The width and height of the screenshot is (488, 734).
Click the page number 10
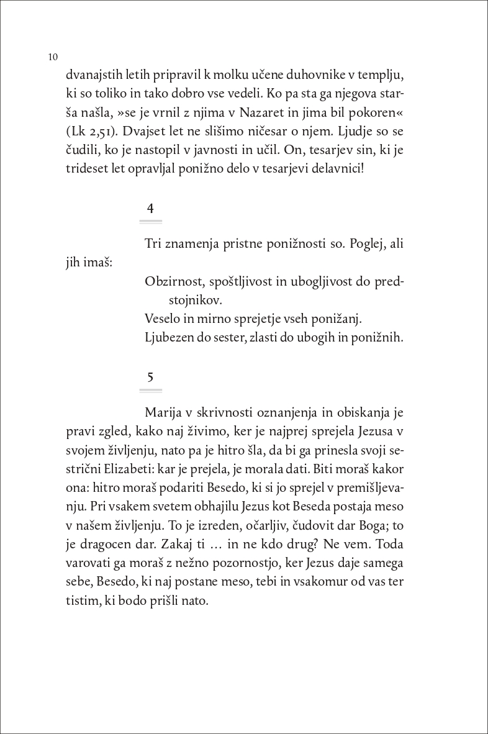52,57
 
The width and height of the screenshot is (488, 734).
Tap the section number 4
150,208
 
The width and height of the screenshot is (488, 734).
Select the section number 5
150,377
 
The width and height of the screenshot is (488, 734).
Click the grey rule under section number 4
151,221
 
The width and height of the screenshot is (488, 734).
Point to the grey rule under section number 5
151,391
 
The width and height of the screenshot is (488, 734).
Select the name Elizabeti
141,469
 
